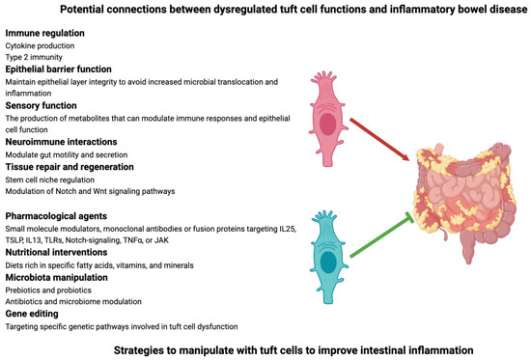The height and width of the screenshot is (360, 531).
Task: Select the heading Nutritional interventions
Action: [59, 251]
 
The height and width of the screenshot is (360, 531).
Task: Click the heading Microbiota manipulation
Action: [60, 277]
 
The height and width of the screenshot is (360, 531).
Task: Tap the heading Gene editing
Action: [34, 313]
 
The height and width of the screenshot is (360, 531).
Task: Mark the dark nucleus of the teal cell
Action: [331, 261]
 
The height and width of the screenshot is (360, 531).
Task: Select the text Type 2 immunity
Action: [33, 58]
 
